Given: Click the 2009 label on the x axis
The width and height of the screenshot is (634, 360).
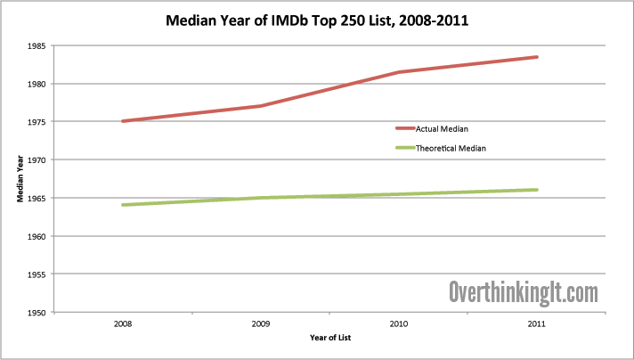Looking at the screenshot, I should [260, 324].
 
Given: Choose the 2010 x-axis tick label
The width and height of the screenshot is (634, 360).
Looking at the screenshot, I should [398, 324].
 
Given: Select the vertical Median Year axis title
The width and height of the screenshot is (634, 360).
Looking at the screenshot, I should [19, 179].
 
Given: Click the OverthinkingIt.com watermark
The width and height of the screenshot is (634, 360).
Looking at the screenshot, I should [523, 290].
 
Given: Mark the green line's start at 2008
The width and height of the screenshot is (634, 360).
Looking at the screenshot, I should [123, 205].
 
